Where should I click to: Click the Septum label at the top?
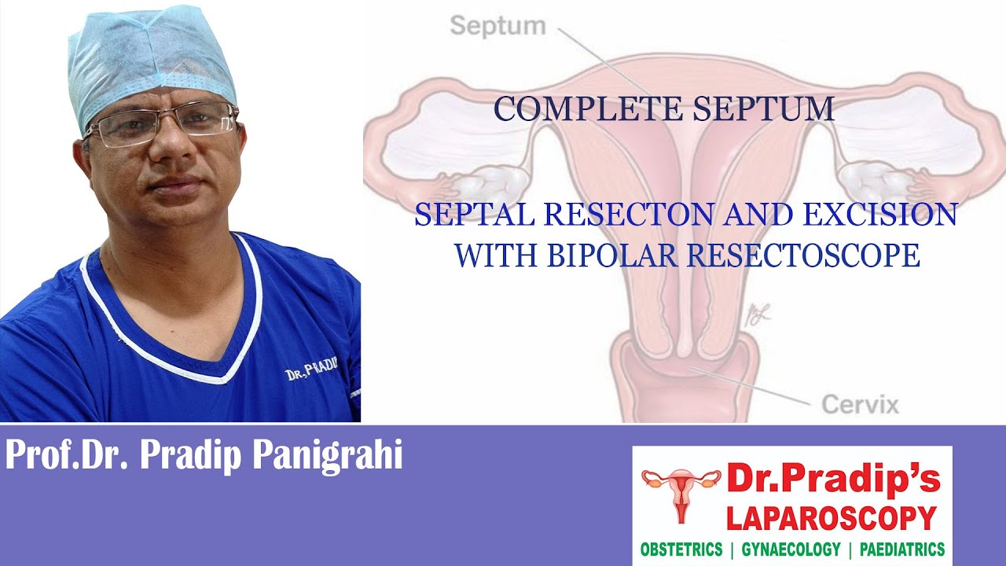pos(497,26)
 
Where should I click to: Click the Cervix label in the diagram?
pos(860,405)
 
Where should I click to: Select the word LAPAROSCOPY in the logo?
pos(832,518)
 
